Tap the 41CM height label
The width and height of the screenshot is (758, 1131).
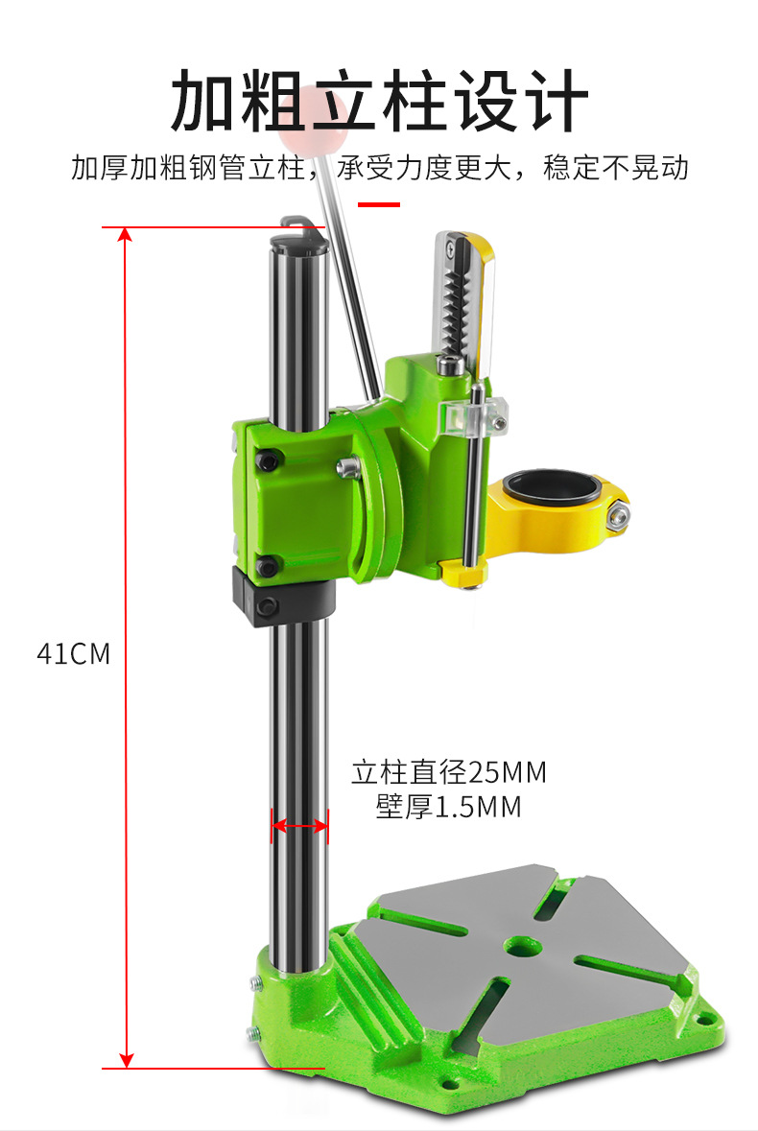click(74, 653)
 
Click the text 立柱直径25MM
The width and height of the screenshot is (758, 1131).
click(449, 772)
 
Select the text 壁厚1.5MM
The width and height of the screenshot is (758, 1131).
click(448, 807)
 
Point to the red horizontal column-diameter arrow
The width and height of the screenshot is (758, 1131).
click(300, 825)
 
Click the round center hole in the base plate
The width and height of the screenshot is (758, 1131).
click(524, 945)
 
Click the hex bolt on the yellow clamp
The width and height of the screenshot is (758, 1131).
click(618, 515)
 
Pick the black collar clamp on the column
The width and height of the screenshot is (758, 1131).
click(283, 596)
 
